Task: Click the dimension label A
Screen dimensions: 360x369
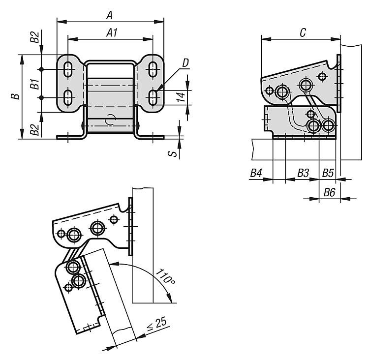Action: (109, 15)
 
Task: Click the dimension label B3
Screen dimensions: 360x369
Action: (303, 173)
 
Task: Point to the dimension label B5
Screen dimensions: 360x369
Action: (328, 173)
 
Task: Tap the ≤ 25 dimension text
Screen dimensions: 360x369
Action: (157, 327)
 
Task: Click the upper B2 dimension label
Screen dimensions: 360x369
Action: (34, 38)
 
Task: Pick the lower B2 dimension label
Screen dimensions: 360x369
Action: (34, 130)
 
